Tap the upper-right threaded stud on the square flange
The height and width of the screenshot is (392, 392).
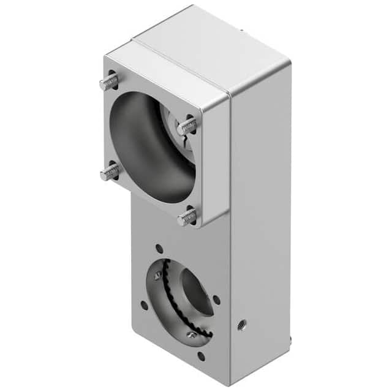click(x=187, y=127)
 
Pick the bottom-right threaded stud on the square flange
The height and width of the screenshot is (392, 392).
click(x=187, y=216)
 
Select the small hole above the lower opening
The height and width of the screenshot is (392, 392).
click(x=159, y=249)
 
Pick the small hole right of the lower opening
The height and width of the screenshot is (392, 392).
click(x=216, y=300)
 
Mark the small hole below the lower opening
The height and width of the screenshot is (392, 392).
click(x=201, y=355)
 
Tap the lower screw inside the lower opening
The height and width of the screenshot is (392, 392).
click(x=192, y=334)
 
